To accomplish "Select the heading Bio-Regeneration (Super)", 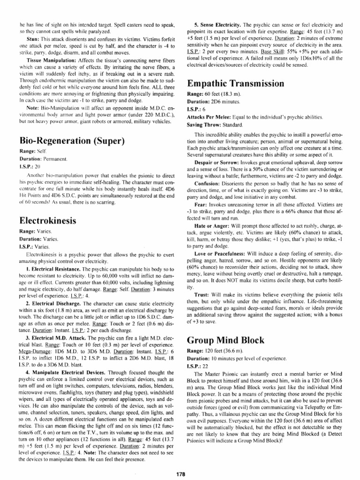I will click(72, 140).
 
